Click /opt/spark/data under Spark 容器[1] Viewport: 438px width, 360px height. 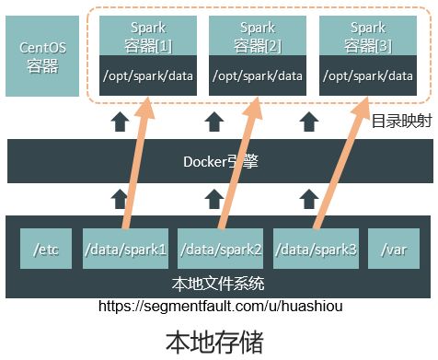pyautogui.click(x=148, y=76)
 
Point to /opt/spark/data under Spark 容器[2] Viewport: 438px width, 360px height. pyautogui.click(x=258, y=76)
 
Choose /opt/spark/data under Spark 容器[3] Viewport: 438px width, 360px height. pyautogui.click(x=369, y=76)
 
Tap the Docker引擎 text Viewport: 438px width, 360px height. pyautogui.click(x=219, y=161)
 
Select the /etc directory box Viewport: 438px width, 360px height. pyautogui.click(x=46, y=249)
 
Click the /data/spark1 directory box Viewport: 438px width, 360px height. pyautogui.click(x=125, y=249)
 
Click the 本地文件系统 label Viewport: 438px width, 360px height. pyautogui.click(x=219, y=284)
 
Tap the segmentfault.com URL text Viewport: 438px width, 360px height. pyautogui.click(x=219, y=305)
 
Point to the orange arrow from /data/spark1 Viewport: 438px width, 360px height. pyautogui.click(x=134, y=166)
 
